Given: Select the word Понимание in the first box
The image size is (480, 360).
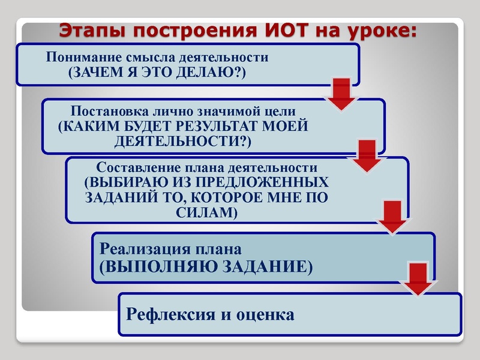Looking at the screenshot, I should [x=80, y=58].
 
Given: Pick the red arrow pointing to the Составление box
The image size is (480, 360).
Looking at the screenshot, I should [x=368, y=155].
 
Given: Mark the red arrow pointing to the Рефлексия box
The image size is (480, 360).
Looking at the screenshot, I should [x=419, y=278].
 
